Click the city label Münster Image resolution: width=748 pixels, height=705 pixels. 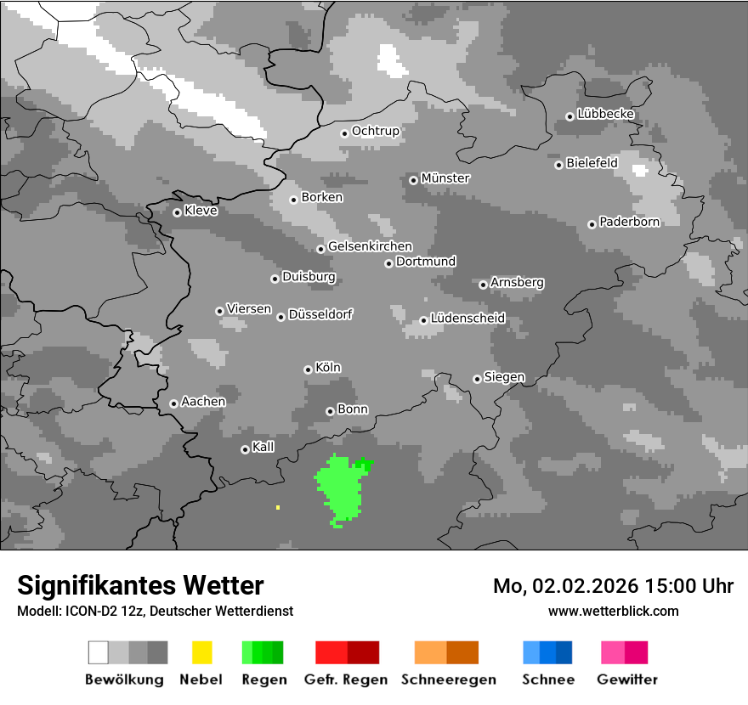[x=445, y=178]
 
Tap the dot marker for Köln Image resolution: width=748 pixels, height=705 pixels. [x=308, y=369]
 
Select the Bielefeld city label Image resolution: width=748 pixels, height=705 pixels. [x=592, y=163]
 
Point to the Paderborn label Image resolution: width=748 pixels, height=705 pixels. [x=629, y=223]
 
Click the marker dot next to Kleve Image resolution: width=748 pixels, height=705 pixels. [x=177, y=212]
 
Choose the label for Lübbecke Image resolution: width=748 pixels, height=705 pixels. [x=605, y=114]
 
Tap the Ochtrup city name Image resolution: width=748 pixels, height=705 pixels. [x=375, y=132]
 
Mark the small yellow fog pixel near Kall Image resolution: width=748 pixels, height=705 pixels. [x=278, y=507]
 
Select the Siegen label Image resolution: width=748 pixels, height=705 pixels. [x=504, y=377]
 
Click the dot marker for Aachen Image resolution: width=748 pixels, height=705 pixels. [x=173, y=403]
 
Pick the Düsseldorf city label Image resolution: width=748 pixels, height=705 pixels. [x=320, y=314]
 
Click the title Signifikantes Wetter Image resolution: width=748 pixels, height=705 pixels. [x=140, y=585]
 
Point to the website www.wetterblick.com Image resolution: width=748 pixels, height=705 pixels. [x=613, y=611]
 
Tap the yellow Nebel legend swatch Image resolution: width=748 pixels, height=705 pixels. [x=201, y=652]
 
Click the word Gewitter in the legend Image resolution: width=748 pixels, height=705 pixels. [x=626, y=680]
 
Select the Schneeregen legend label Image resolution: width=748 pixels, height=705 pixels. [x=448, y=680]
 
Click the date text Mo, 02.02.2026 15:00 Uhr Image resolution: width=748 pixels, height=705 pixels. [x=613, y=586]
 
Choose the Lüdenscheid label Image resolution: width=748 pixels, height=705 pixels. [x=467, y=319]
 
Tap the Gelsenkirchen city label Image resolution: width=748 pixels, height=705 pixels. [x=370, y=246]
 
